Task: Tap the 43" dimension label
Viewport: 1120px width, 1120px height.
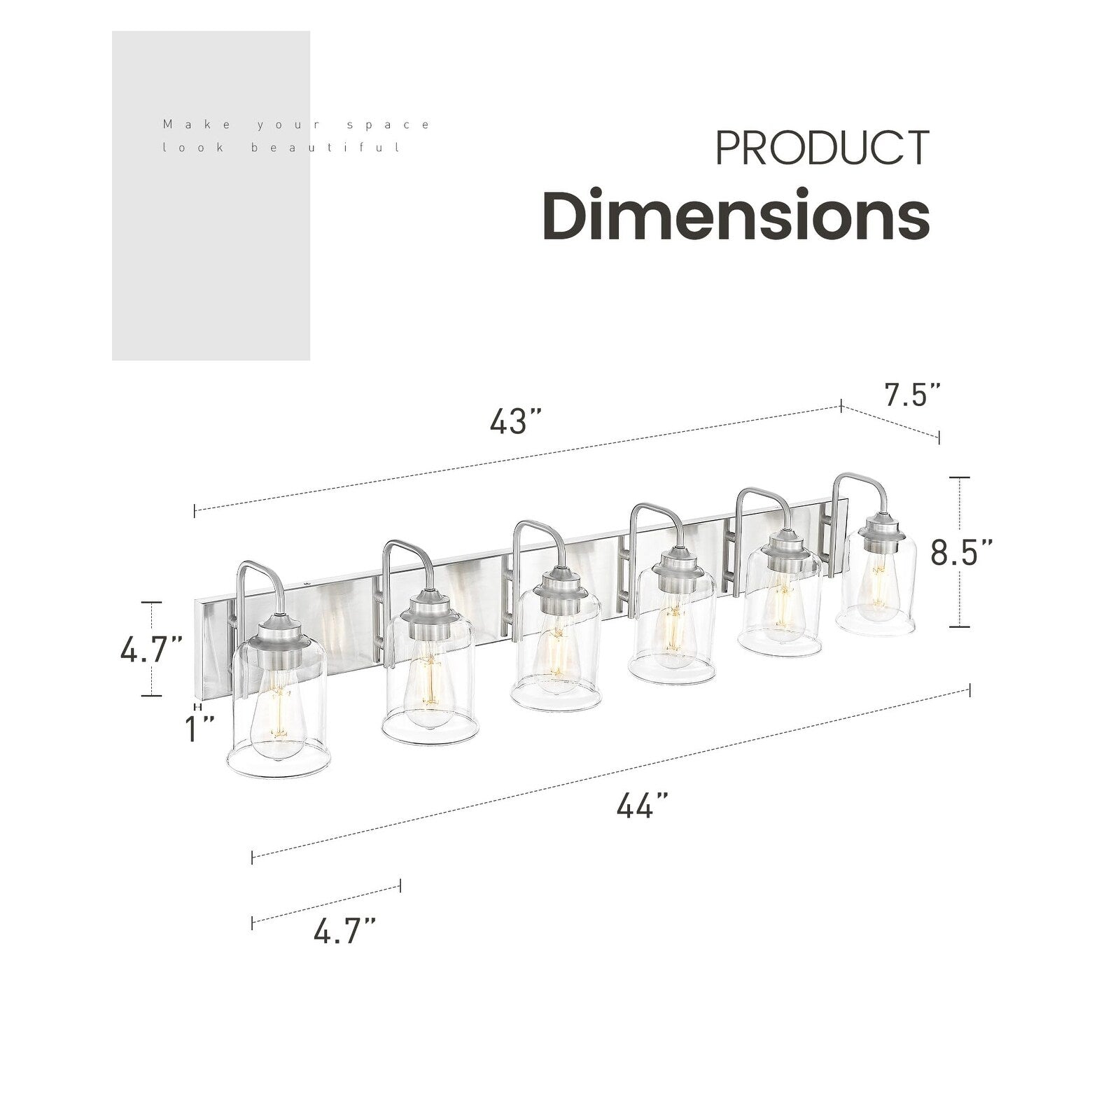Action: coord(517,421)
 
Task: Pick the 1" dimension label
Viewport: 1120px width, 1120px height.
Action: coord(199,729)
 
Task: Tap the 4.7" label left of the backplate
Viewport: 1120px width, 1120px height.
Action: coord(151,650)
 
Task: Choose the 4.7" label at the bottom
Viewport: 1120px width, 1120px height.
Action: coord(344,933)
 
